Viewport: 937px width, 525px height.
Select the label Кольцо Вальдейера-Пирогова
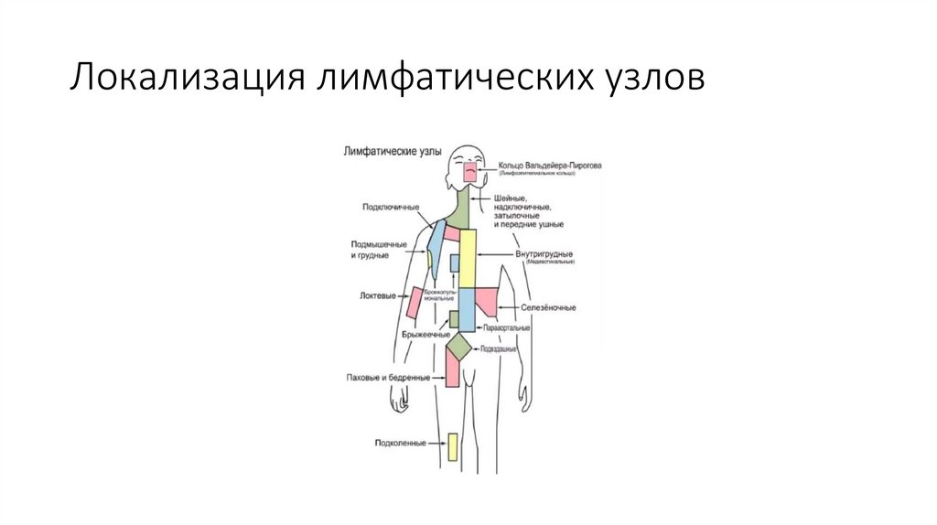point(550,166)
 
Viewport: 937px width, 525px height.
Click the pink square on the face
point(470,170)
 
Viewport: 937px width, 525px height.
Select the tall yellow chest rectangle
point(468,258)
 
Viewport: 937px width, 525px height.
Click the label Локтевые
point(378,296)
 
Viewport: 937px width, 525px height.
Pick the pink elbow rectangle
point(415,302)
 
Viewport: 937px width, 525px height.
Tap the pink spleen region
point(486,300)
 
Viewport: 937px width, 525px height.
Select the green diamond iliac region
point(459,348)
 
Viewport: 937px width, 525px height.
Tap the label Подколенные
point(400,444)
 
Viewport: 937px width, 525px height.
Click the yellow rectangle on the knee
point(452,445)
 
